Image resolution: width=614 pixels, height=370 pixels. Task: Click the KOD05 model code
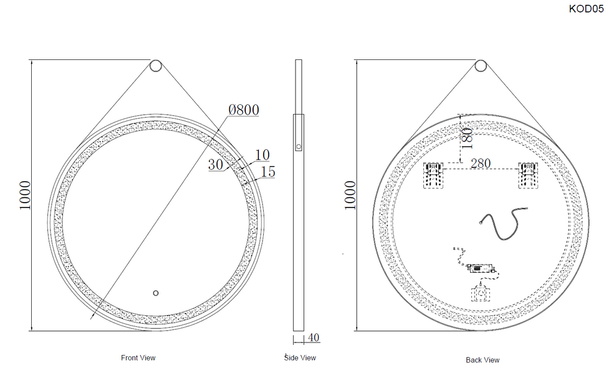click(586, 10)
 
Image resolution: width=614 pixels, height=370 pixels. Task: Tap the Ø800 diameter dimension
click(243, 110)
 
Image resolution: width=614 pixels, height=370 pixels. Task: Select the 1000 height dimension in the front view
click(25, 195)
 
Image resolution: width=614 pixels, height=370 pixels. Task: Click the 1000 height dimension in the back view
click(350, 195)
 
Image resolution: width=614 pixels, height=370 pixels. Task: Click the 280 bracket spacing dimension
click(481, 163)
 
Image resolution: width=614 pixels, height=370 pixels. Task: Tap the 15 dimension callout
click(268, 173)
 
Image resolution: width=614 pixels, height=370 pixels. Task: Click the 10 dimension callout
click(262, 155)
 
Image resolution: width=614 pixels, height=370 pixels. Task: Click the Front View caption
click(138, 358)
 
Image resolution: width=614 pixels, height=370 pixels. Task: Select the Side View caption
click(300, 358)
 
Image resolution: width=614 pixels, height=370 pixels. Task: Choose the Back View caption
click(483, 360)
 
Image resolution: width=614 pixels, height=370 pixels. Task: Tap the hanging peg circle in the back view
click(481, 66)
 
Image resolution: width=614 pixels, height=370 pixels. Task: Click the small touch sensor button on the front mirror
click(155, 293)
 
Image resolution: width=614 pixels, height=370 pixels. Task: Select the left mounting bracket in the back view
click(434, 175)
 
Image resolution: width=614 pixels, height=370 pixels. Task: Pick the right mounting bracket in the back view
click(528, 175)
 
